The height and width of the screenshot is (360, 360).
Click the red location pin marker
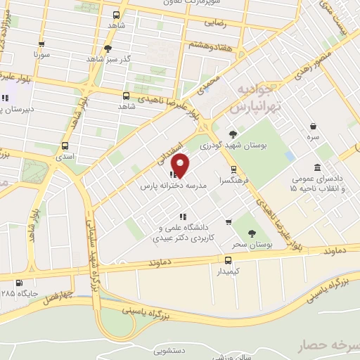181,165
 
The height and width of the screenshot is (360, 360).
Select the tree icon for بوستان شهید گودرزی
233,134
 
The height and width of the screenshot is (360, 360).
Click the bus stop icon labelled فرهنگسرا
233,169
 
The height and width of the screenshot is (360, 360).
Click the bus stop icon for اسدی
65,148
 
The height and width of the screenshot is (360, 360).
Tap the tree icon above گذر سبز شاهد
107,49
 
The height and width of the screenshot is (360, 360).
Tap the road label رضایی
216,23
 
